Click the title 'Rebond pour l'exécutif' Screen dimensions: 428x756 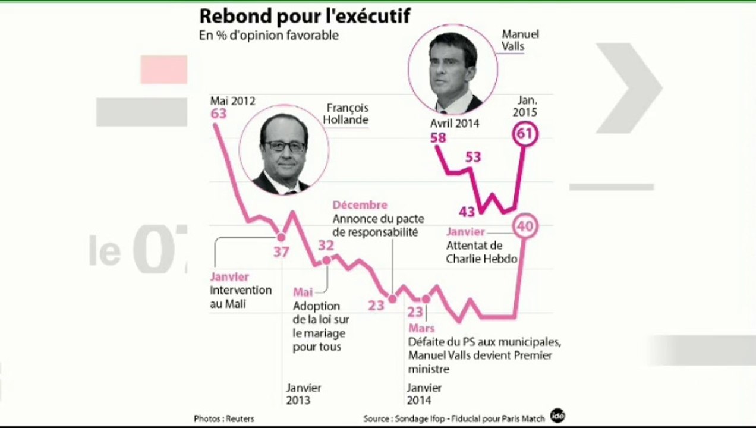[x=304, y=15]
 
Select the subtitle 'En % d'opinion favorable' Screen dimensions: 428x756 [x=269, y=36]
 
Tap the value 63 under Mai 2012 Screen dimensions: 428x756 [x=219, y=113]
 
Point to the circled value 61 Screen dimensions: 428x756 [x=524, y=134]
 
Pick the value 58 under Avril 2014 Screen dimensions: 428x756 [x=439, y=138]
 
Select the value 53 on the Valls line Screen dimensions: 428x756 [x=473, y=158]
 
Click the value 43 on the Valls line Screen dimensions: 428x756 [x=467, y=212]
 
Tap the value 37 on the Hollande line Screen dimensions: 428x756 [x=281, y=252]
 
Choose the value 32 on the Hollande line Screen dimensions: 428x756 [x=326, y=246]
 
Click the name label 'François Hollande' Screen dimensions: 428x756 [x=348, y=114]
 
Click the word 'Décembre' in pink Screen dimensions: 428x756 [x=360, y=205]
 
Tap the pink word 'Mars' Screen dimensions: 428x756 [x=421, y=328]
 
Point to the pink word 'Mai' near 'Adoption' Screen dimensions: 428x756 [x=303, y=292]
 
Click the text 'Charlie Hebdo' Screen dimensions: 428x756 [x=481, y=259]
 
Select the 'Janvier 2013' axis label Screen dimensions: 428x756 [x=304, y=394]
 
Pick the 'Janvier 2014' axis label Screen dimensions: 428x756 [x=424, y=394]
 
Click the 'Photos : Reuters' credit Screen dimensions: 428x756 [x=224, y=418]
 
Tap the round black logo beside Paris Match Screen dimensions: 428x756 [x=557, y=416]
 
